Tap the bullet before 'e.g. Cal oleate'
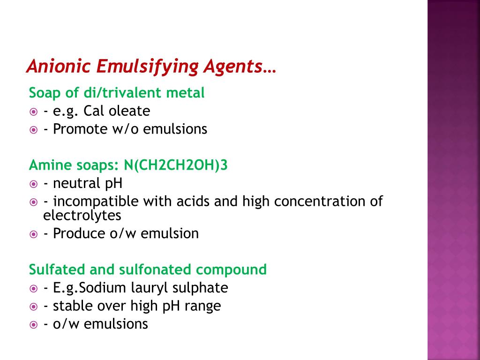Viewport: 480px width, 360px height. pos(33,112)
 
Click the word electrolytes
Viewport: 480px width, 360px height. pos(82,216)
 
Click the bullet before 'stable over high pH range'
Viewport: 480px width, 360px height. pos(33,307)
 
